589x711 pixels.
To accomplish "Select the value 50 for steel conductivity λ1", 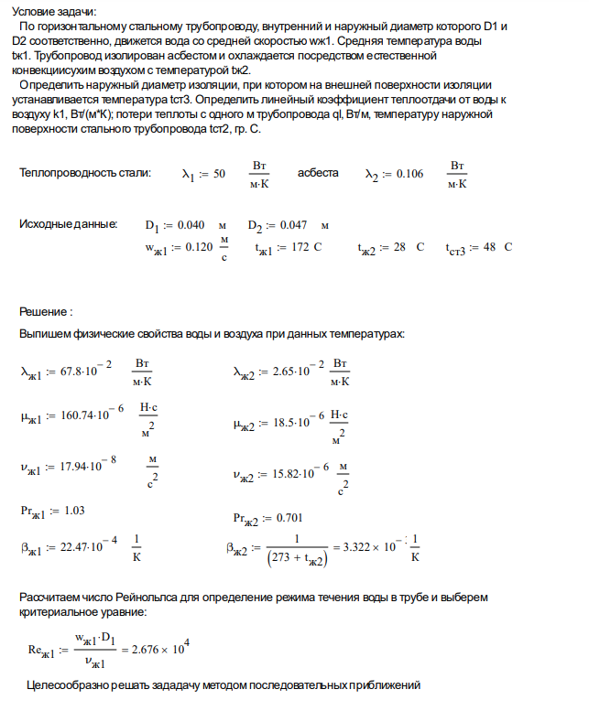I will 218,174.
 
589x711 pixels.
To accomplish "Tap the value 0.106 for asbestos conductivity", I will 407,174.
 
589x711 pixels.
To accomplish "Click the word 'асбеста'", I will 318,173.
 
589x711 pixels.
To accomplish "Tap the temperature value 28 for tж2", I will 399,248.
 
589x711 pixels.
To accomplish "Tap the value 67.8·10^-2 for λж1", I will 85,372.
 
